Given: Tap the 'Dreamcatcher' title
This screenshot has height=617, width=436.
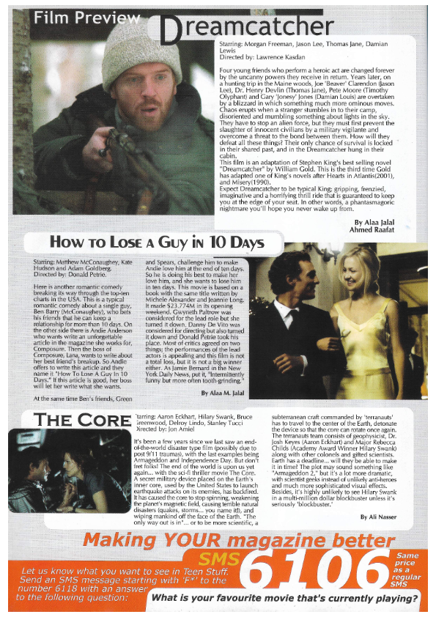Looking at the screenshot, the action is pos(245,28).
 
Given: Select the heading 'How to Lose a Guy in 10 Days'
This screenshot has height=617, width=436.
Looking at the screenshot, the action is pos(156,243).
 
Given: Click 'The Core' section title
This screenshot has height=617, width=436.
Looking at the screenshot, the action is pos(73,421).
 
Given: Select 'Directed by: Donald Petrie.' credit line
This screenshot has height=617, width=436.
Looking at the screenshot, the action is pos(70,274).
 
